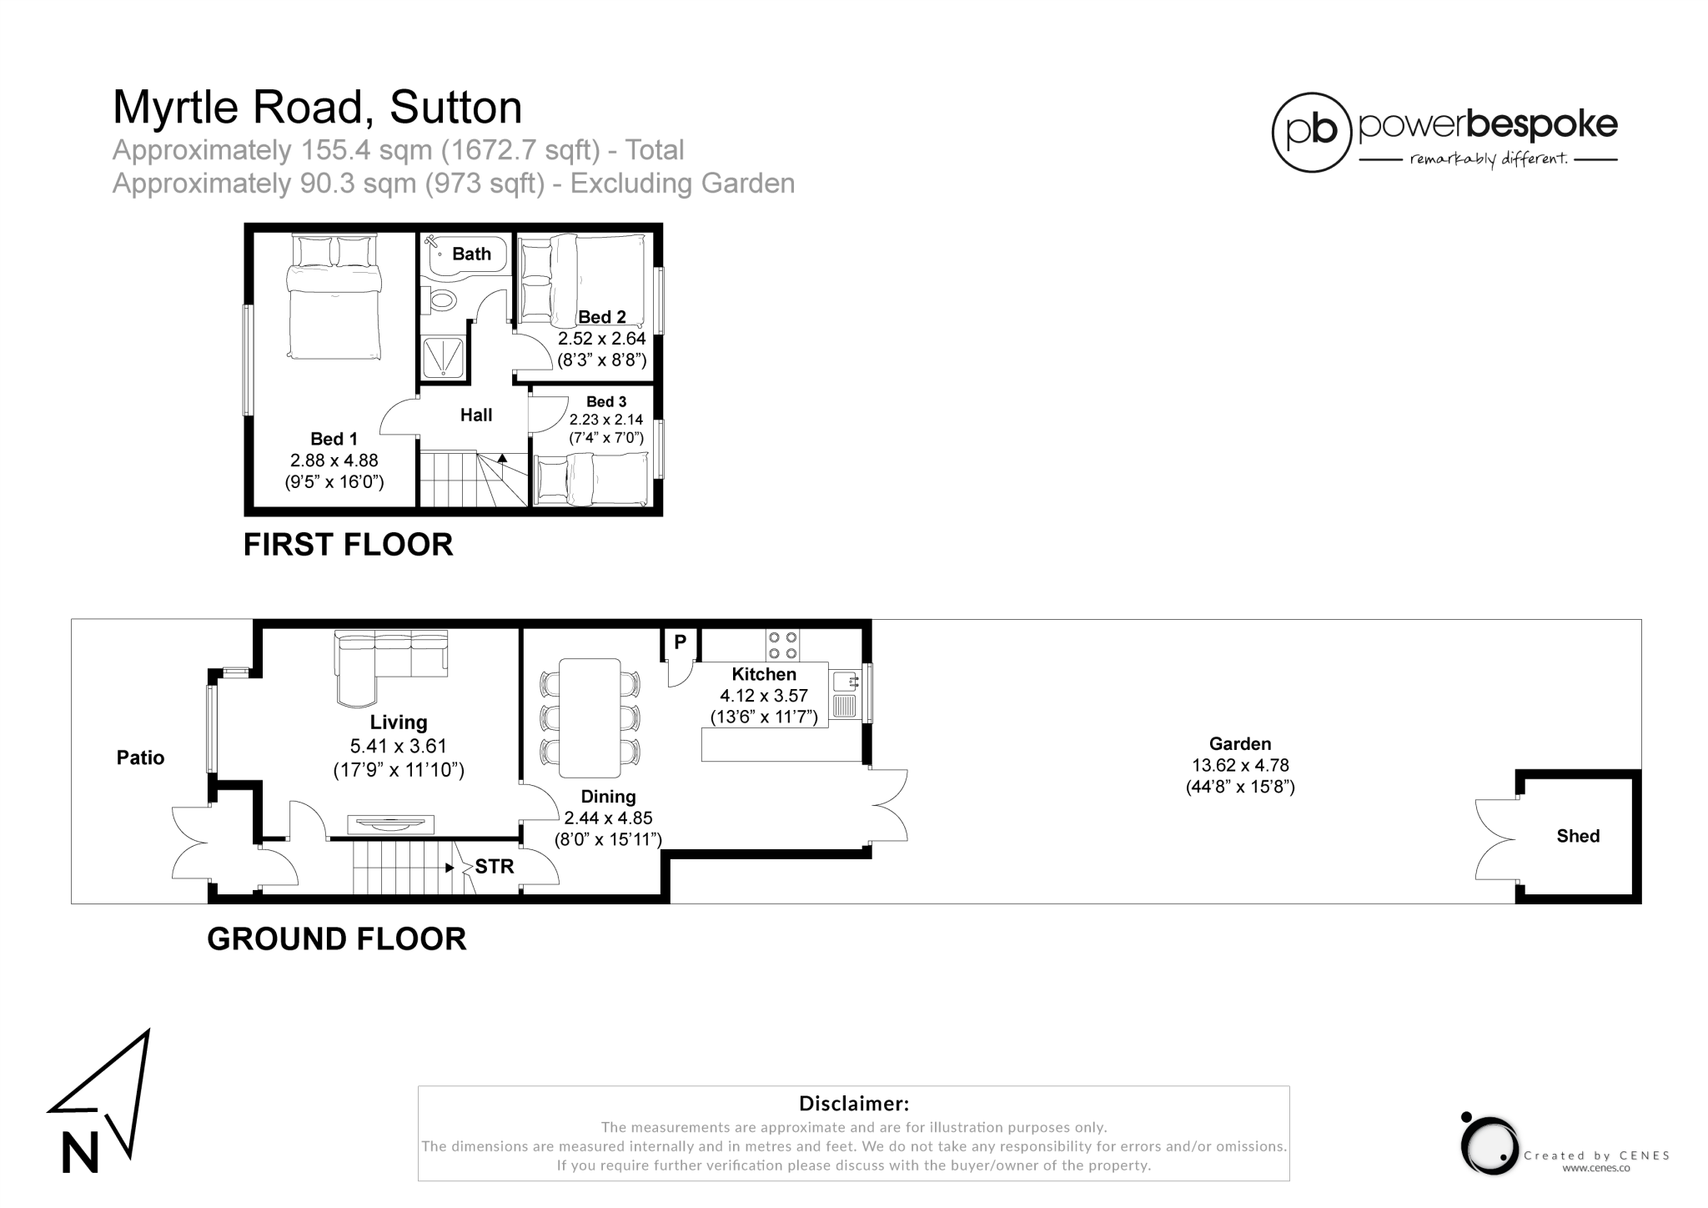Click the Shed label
pos(1577,836)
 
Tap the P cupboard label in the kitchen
pos(680,642)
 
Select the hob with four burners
pos(782,646)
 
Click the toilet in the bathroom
pos(440,299)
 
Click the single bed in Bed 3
pos(591,479)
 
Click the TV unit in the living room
pos(390,825)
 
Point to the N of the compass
pos(80,1152)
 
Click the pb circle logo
pos(1311,133)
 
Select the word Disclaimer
pos(853,1104)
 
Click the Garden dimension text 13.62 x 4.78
pos(1240,765)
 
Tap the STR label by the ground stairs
pos(495,867)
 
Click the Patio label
pos(140,758)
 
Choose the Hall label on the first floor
pos(476,415)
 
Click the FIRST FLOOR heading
pos(348,544)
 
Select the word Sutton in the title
pos(455,107)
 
